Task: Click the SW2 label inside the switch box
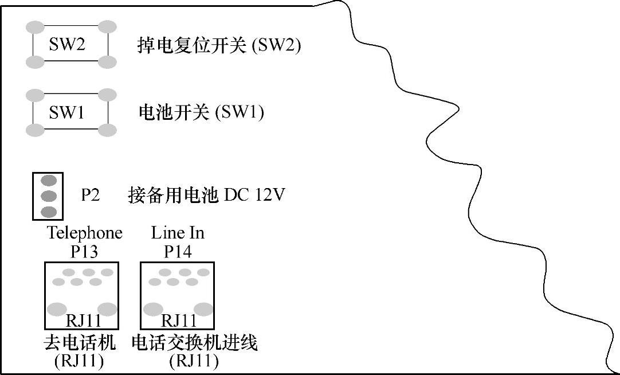(67, 45)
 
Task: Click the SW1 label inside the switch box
(66, 112)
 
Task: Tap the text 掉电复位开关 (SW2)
(219, 45)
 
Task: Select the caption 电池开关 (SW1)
(201, 112)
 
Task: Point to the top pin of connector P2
(49, 181)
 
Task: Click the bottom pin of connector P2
(49, 211)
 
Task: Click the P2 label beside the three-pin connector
(90, 196)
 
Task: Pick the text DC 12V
(254, 196)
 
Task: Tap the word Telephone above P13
(84, 233)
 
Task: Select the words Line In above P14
(178, 233)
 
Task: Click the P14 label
(178, 251)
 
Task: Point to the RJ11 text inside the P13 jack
(83, 320)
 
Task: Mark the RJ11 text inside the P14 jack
(179, 320)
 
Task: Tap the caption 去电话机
(80, 343)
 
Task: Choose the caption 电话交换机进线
(195, 343)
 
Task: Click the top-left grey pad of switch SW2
(35, 27)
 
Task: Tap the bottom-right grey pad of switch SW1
(107, 130)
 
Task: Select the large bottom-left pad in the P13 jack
(57, 309)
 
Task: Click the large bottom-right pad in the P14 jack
(203, 309)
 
